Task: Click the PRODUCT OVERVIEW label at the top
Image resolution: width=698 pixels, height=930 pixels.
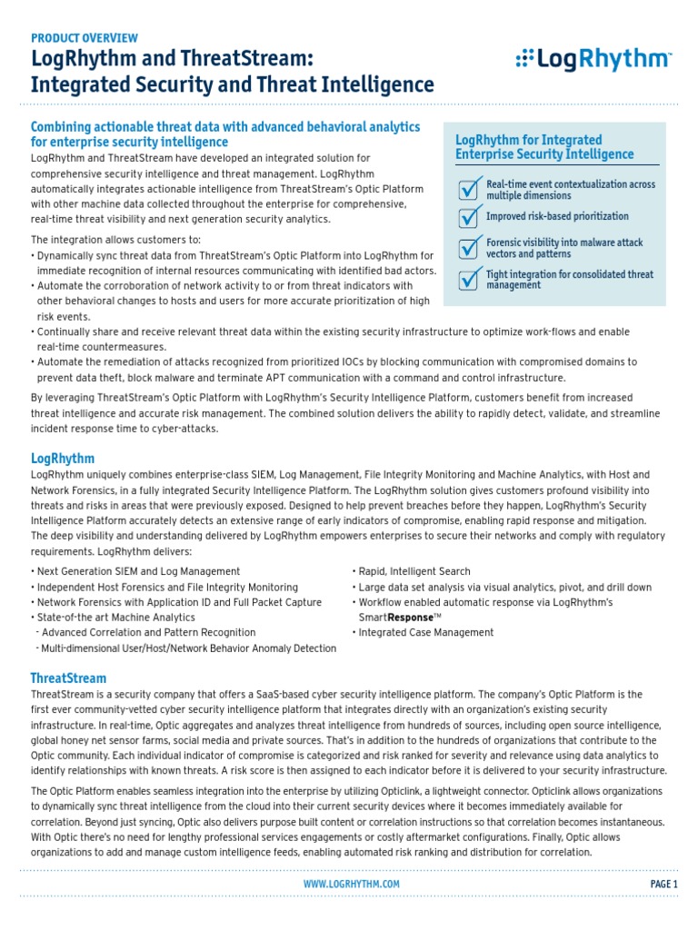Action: pos(85,38)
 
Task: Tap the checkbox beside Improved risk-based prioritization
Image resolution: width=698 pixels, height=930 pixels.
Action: pos(467,218)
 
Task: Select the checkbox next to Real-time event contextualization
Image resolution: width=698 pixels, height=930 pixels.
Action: pos(467,189)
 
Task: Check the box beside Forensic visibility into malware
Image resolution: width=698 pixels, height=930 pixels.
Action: pos(467,248)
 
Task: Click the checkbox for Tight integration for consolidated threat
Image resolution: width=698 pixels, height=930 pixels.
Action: pos(467,279)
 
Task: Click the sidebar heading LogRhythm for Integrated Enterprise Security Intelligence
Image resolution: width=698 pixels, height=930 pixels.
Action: pos(531,147)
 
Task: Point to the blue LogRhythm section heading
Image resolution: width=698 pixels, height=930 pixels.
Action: pos(62,459)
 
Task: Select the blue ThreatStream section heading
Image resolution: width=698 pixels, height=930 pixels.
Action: pos(68,678)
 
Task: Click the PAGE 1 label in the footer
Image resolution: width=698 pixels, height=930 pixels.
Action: pos(663,884)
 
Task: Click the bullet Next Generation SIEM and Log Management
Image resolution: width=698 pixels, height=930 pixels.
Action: pos(136,571)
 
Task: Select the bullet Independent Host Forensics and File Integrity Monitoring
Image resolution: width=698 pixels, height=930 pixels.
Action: pos(165,587)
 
